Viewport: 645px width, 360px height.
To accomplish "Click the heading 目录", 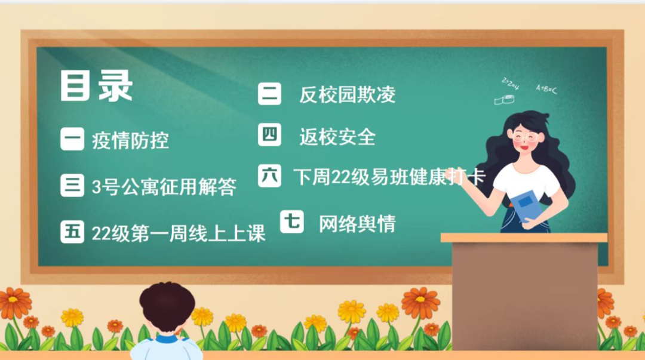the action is point(96,85).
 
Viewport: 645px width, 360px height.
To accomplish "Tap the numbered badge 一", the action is point(72,139).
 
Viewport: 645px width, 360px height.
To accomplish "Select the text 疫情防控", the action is point(130,140).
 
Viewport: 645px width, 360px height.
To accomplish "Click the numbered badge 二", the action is point(269,93).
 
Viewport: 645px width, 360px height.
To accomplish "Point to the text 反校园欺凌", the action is point(347,94).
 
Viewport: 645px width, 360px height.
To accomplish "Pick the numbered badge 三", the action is point(72,185).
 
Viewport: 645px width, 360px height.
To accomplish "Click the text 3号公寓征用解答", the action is point(164,187).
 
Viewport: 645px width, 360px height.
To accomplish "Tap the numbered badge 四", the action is point(269,134).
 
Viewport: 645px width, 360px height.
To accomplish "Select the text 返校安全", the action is point(337,137).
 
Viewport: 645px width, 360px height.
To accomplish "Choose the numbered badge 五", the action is point(72,232).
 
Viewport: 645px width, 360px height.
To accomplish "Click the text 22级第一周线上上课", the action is point(179,233).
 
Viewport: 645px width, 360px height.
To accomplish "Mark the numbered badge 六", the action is point(269,176).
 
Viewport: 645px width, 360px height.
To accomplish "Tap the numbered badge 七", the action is point(292,221).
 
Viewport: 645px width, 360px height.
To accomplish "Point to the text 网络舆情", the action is point(357,224).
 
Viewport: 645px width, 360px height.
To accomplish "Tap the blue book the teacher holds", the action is point(526,205).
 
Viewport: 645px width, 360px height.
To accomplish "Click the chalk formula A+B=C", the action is point(546,88).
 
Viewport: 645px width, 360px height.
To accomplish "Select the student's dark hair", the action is point(167,304).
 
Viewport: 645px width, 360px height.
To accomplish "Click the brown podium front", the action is point(524,296).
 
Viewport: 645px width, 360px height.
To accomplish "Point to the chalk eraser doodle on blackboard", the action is point(504,100).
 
